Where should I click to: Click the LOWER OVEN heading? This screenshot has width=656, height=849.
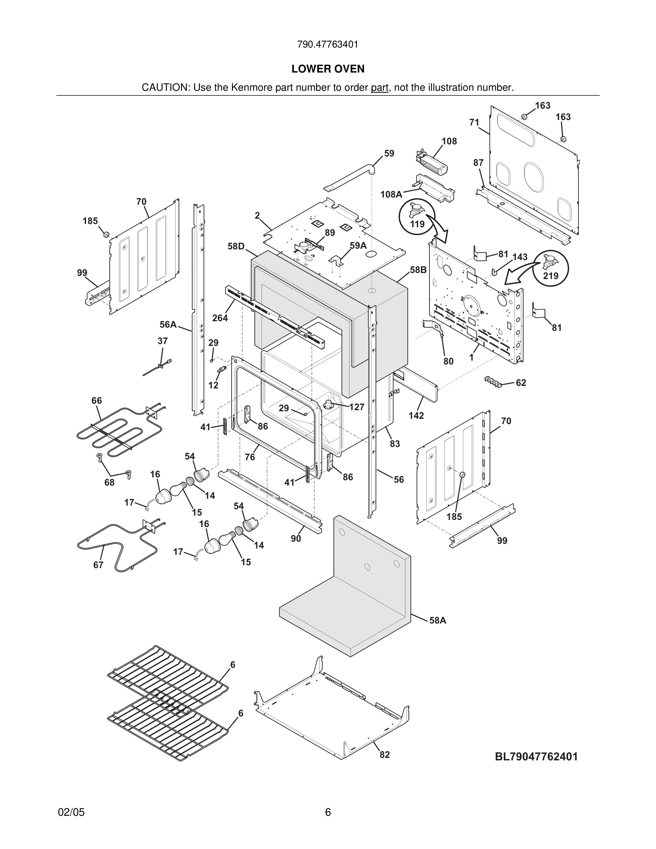click(328, 69)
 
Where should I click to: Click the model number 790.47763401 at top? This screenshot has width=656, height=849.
click(328, 44)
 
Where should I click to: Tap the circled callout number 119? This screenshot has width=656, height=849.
click(417, 224)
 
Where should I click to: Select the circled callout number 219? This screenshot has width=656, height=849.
click(551, 275)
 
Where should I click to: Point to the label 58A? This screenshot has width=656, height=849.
click(438, 620)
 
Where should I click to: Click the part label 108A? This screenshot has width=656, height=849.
click(391, 194)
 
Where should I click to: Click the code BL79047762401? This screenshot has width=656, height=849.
click(536, 756)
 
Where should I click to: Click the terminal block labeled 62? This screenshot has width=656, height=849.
click(493, 381)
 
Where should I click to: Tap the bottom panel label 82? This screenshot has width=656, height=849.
click(384, 755)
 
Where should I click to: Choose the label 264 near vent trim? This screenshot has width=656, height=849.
click(220, 318)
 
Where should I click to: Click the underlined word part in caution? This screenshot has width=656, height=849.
click(379, 88)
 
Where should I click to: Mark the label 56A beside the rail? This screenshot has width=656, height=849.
click(168, 324)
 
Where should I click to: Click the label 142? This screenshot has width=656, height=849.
click(416, 416)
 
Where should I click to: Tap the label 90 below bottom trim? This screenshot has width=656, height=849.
click(296, 539)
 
